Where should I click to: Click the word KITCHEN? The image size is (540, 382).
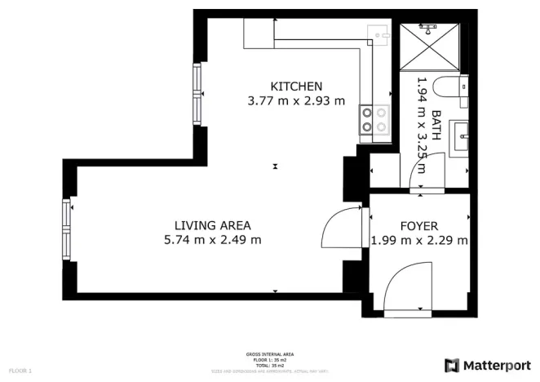pos(297,87)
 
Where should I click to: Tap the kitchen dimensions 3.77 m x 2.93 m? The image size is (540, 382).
pos(297,102)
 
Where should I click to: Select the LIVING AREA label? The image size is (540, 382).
pos(212,225)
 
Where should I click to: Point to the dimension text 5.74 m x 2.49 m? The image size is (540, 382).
pos(212,240)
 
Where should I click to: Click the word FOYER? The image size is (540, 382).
pos(419,226)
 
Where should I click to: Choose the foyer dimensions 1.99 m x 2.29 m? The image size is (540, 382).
pos(419,241)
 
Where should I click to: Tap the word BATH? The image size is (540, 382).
pos(436,126)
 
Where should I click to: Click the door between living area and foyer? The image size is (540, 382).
pos(341,228)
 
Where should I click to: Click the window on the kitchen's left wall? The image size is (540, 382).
pos(197,94)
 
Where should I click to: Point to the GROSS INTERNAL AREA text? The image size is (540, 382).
pos(270,354)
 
